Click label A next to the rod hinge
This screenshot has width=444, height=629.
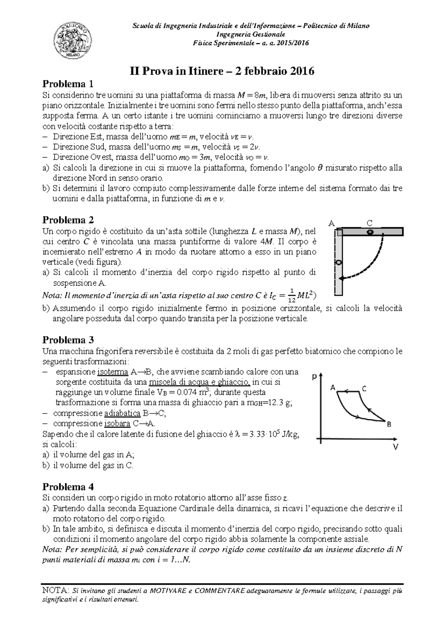pos(332,223)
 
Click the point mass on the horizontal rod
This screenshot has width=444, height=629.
pos(370,232)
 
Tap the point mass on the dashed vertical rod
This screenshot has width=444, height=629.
pos(338,263)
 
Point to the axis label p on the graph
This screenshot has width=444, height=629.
pos(314,377)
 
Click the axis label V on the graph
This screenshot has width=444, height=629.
pos(396,447)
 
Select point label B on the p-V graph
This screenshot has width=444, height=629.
pos(389,425)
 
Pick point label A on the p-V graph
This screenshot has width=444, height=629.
pos(333,388)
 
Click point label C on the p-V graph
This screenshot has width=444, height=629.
pos(364,389)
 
